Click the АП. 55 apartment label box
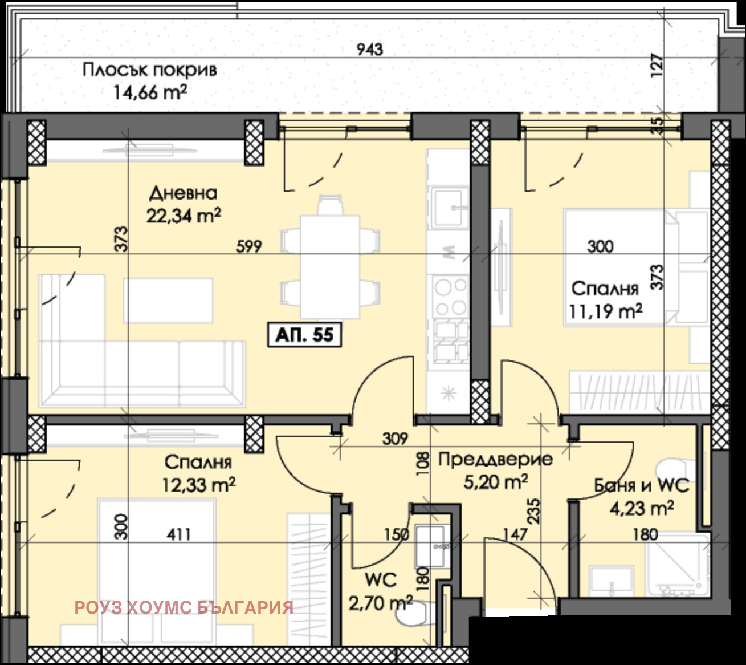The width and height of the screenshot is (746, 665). pyautogui.click(x=304, y=335)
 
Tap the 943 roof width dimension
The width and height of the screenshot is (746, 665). pyautogui.click(x=370, y=50)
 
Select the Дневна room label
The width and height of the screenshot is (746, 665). pyautogui.click(x=183, y=193)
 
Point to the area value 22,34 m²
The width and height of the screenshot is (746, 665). pyautogui.click(x=184, y=215)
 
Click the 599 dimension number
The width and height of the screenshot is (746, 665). pyautogui.click(x=249, y=246)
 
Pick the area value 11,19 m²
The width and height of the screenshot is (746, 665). pyautogui.click(x=606, y=311)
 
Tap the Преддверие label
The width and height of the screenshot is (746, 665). pyautogui.click(x=495, y=460)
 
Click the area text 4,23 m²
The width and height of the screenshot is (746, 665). pyautogui.click(x=642, y=509)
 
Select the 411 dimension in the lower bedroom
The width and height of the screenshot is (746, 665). pyautogui.click(x=179, y=534)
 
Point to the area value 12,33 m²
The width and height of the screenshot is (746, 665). pyautogui.click(x=199, y=485)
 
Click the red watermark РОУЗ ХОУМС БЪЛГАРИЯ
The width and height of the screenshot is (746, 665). pyautogui.click(x=184, y=607)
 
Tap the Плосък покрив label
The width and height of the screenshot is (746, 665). pyautogui.click(x=149, y=70)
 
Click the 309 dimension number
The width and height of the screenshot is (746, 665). pyautogui.click(x=395, y=439)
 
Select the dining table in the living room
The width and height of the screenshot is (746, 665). pyautogui.click(x=329, y=267)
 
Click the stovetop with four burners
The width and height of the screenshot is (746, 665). pyautogui.click(x=450, y=297)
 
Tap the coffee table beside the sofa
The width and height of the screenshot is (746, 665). pyautogui.click(x=168, y=301)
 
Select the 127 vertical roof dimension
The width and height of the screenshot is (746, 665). pyautogui.click(x=657, y=66)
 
